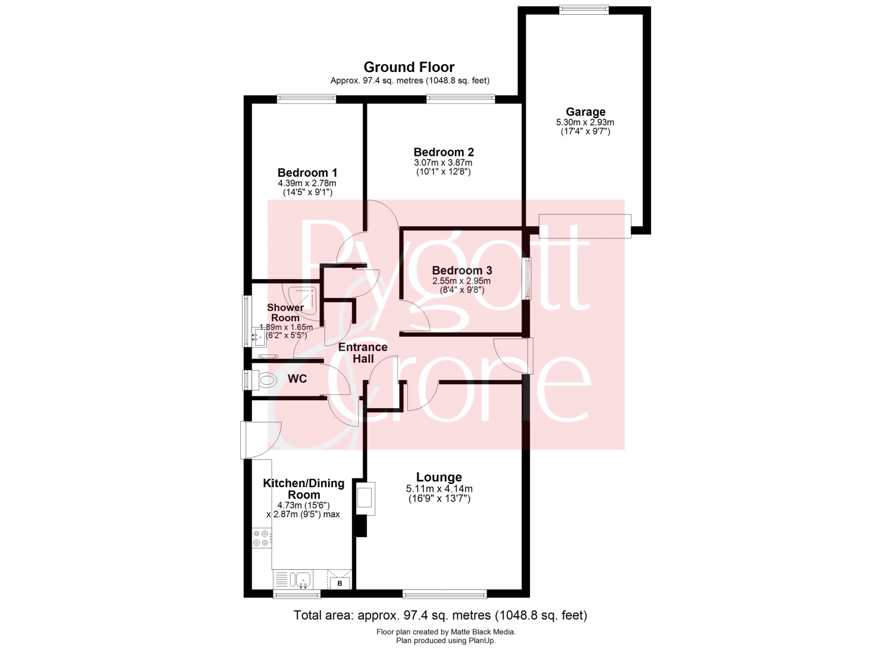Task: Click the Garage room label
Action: tap(585, 112)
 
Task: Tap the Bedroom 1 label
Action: tap(307, 173)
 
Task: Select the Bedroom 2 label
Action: tap(444, 152)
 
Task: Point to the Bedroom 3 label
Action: tap(462, 271)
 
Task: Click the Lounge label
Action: tap(439, 477)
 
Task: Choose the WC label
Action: tap(297, 378)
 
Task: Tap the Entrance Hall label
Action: tap(363, 353)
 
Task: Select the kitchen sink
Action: tap(303, 579)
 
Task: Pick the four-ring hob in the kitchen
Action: tap(262, 538)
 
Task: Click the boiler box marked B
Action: tap(340, 583)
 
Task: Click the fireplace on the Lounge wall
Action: tap(366, 498)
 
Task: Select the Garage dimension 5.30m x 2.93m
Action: tap(585, 123)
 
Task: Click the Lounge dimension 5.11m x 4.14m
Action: tap(439, 488)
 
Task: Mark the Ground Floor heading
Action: tap(409, 67)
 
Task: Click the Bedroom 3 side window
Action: tap(527, 278)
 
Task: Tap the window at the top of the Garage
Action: tap(584, 10)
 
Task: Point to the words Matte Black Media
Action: tap(483, 632)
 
